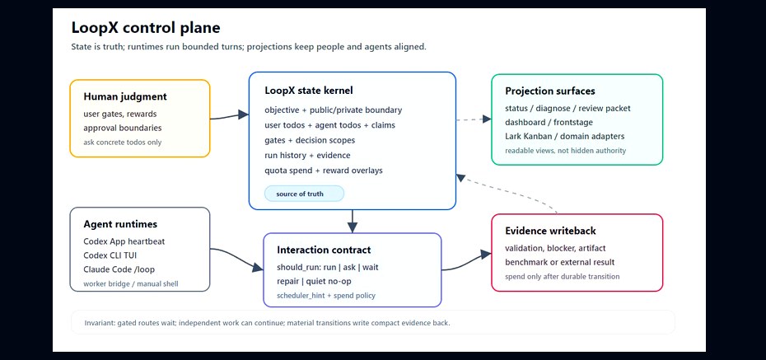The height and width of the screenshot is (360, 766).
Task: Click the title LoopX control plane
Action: point(146,28)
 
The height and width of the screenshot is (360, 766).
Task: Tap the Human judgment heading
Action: point(125,96)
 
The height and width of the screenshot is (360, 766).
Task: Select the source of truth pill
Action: point(304,194)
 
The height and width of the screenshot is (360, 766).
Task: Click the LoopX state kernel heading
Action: point(309,91)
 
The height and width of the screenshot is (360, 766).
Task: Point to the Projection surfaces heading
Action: point(550,91)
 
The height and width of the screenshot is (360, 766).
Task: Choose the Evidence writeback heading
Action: point(550,231)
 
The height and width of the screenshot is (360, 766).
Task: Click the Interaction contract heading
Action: point(324,250)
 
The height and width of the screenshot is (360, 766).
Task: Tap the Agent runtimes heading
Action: point(120,224)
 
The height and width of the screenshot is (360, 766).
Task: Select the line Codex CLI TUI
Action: point(114,255)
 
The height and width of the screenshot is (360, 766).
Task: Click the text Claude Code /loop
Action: point(119,269)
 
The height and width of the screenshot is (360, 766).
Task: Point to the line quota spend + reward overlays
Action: point(324,171)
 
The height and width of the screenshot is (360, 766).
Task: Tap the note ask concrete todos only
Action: point(123,143)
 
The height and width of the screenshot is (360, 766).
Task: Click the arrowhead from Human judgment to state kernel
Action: point(243,115)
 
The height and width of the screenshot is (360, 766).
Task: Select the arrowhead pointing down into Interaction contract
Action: point(353,227)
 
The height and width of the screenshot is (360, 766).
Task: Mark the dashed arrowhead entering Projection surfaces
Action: point(487,119)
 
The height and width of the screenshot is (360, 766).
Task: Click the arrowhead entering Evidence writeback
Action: point(486,255)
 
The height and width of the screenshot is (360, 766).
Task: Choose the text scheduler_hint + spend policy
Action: point(326,296)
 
